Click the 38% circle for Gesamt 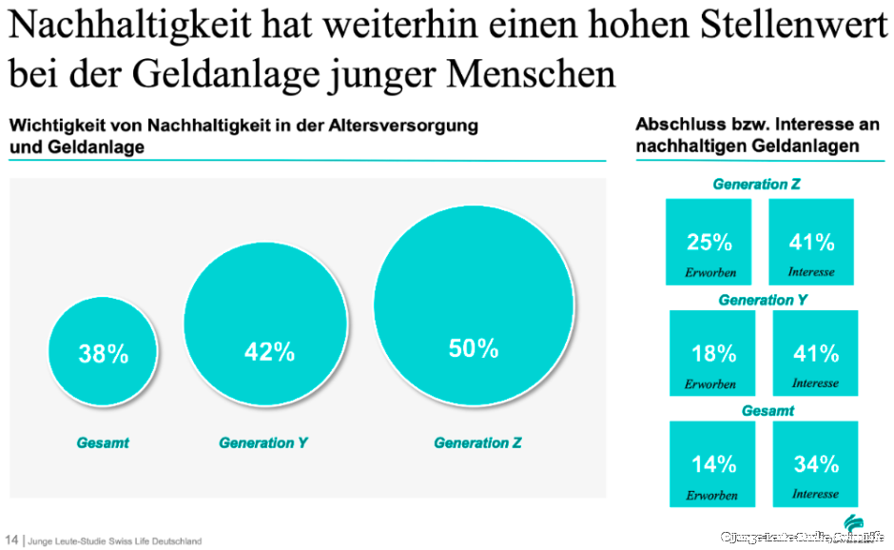[102, 354]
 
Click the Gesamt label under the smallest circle [102, 443]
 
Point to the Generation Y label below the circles [263, 443]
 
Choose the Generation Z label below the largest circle [477, 443]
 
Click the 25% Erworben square [709, 242]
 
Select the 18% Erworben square [712, 353]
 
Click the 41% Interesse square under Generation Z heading [811, 242]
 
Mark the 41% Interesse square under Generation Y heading [815, 353]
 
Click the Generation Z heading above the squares [756, 185]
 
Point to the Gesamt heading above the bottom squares [768, 411]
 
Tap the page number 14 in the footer [12, 540]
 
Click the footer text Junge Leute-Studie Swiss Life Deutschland [115, 541]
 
